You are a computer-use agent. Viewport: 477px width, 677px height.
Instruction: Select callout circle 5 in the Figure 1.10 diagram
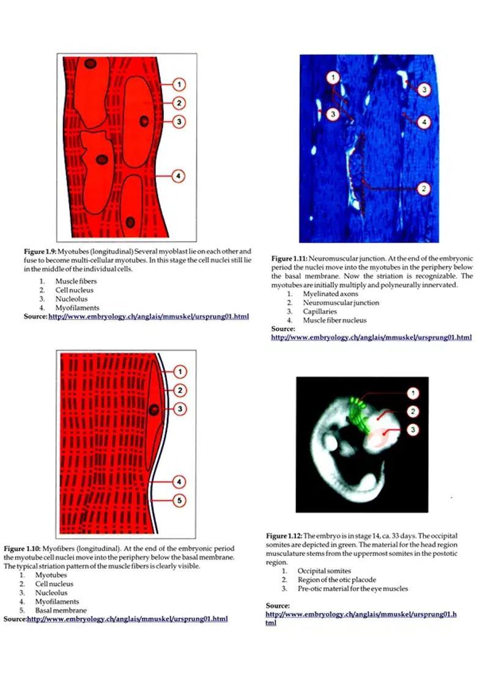(x=178, y=500)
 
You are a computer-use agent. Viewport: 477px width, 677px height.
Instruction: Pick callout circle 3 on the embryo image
(x=414, y=430)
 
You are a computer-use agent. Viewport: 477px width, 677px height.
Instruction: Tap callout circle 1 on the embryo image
(x=414, y=392)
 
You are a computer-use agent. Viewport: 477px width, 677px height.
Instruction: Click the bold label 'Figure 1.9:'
(x=40, y=251)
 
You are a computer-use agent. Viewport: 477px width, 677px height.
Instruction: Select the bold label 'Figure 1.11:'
(x=290, y=259)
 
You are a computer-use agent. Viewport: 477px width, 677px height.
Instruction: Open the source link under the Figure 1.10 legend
(x=127, y=619)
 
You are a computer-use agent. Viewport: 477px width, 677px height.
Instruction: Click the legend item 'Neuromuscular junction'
(x=341, y=302)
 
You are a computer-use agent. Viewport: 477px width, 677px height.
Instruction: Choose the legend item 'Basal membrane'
(x=61, y=610)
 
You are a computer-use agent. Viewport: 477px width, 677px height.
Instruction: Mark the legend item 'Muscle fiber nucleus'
(x=335, y=320)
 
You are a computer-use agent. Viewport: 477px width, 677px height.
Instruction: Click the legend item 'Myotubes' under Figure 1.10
(x=51, y=575)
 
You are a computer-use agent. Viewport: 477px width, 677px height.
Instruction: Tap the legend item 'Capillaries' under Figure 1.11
(x=320, y=311)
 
